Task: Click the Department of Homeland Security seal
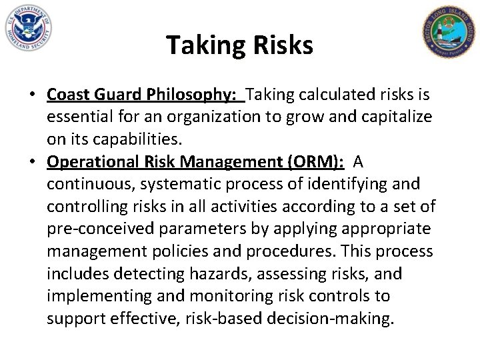pos(27,28)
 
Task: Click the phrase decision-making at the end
pos(343,319)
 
